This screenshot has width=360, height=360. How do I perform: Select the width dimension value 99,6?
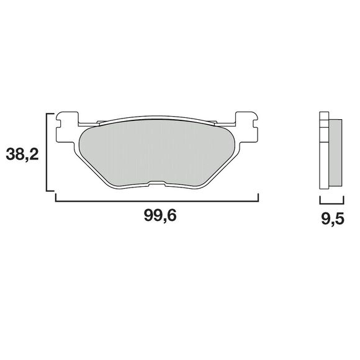[157, 217]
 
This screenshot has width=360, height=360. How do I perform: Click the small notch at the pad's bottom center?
[156, 183]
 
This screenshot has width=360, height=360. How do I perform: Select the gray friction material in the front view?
[156, 152]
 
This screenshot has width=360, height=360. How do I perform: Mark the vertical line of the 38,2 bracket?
[48, 152]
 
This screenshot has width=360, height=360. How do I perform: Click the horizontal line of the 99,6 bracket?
[156, 200]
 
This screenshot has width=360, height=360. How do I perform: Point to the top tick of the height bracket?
[52, 114]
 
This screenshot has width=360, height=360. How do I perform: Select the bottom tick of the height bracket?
[52, 191]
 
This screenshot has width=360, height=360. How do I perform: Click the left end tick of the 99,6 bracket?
[56, 197]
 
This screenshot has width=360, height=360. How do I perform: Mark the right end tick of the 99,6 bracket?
[258, 197]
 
